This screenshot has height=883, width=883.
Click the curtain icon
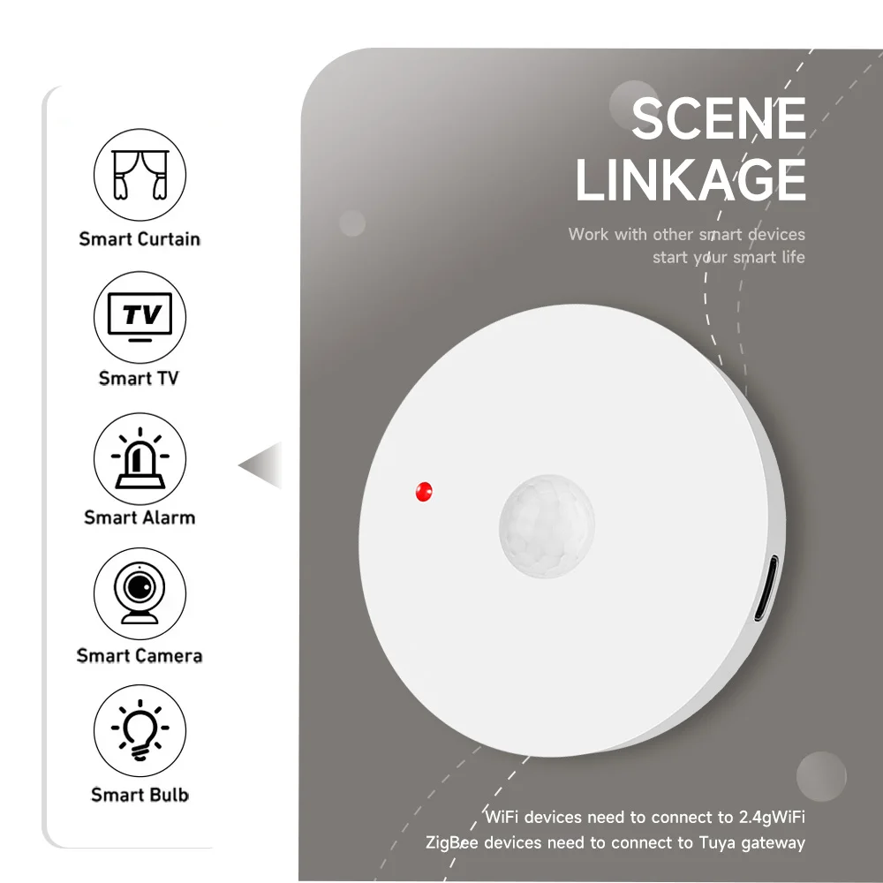tap(140, 175)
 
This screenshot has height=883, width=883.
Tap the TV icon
tap(140, 316)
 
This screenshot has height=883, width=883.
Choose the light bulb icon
tap(140, 731)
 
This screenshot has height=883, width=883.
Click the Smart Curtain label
tap(140, 238)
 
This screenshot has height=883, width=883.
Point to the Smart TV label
tap(139, 378)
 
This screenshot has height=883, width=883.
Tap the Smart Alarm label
tap(140, 517)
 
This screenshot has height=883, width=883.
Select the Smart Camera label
tap(140, 655)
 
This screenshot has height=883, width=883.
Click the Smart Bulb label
tap(140, 795)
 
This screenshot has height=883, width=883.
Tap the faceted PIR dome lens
tap(547, 526)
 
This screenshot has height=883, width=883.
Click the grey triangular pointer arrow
tap(262, 464)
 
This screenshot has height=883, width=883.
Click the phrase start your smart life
tap(728, 257)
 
